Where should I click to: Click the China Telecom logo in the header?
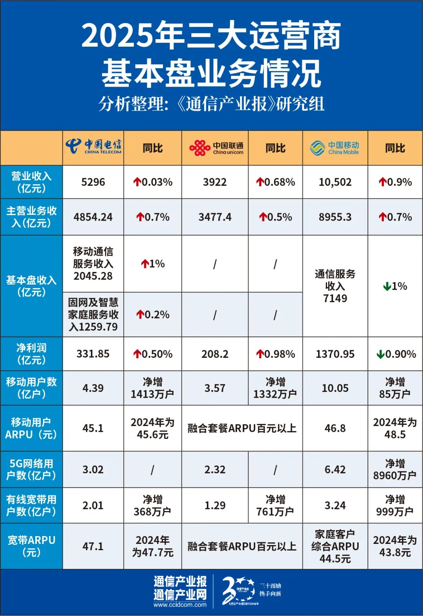click(93, 147)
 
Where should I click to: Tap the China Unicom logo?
click(216, 148)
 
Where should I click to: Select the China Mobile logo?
click(335, 148)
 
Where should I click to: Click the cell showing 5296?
click(93, 182)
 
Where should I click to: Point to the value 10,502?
click(335, 182)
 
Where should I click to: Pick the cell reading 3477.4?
click(215, 217)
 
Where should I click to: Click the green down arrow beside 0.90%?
click(380, 355)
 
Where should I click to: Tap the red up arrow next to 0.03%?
click(137, 182)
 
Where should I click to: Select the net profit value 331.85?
click(93, 354)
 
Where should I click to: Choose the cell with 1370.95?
click(335, 354)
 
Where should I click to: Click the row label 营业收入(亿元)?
click(31, 182)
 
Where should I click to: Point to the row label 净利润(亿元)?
click(31, 354)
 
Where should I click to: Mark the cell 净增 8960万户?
click(394, 469)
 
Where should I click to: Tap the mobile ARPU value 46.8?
click(335, 428)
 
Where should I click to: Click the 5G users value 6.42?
click(335, 469)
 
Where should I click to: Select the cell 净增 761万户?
click(275, 505)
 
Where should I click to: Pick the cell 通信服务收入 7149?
click(335, 286)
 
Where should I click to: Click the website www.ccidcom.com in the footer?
click(180, 605)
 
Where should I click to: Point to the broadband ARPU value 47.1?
click(93, 546)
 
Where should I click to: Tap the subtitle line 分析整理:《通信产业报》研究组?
click(211, 104)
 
